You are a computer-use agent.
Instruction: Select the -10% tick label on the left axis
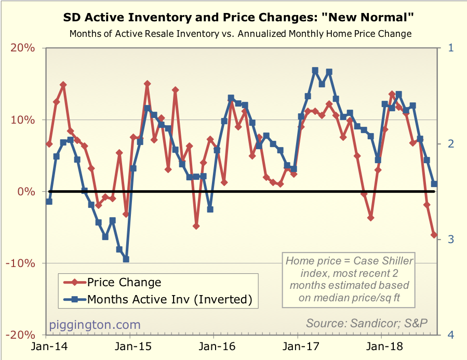(21, 263)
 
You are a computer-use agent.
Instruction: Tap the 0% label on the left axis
(27, 192)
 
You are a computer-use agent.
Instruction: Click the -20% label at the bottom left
(21, 335)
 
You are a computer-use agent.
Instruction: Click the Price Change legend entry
(124, 283)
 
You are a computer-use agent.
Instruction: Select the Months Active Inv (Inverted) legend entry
(169, 299)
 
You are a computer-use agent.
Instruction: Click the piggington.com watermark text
(95, 325)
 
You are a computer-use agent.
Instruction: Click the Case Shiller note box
(350, 281)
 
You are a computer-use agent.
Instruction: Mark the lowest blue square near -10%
(126, 259)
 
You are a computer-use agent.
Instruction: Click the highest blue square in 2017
(315, 70)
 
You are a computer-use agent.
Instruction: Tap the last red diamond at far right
(434, 235)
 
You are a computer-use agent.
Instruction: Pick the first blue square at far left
(49, 201)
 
